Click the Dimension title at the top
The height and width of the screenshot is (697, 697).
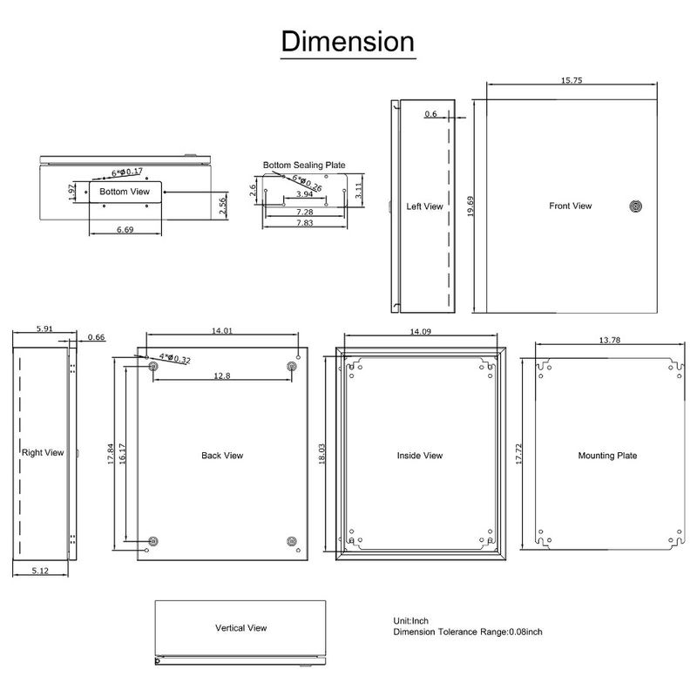coord(348,41)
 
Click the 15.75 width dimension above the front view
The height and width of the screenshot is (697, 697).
coord(572,80)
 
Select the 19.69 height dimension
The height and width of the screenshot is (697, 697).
coord(471,206)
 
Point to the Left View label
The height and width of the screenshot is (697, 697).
coord(425,206)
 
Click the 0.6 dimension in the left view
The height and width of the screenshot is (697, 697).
coord(431,114)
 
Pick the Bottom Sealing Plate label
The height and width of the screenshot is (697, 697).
coord(305,165)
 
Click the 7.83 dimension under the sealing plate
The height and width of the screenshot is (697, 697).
coord(305,224)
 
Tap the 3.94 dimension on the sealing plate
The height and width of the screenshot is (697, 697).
coord(305,195)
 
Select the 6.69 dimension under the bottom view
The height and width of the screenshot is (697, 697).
coord(125,230)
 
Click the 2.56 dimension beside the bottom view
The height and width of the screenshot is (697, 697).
coord(223,206)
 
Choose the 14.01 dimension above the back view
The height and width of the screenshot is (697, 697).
coord(223,330)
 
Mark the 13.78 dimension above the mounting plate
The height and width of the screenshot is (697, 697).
coord(609,340)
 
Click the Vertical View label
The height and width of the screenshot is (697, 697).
coord(240,627)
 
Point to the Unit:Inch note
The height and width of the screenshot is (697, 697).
coord(412,620)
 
